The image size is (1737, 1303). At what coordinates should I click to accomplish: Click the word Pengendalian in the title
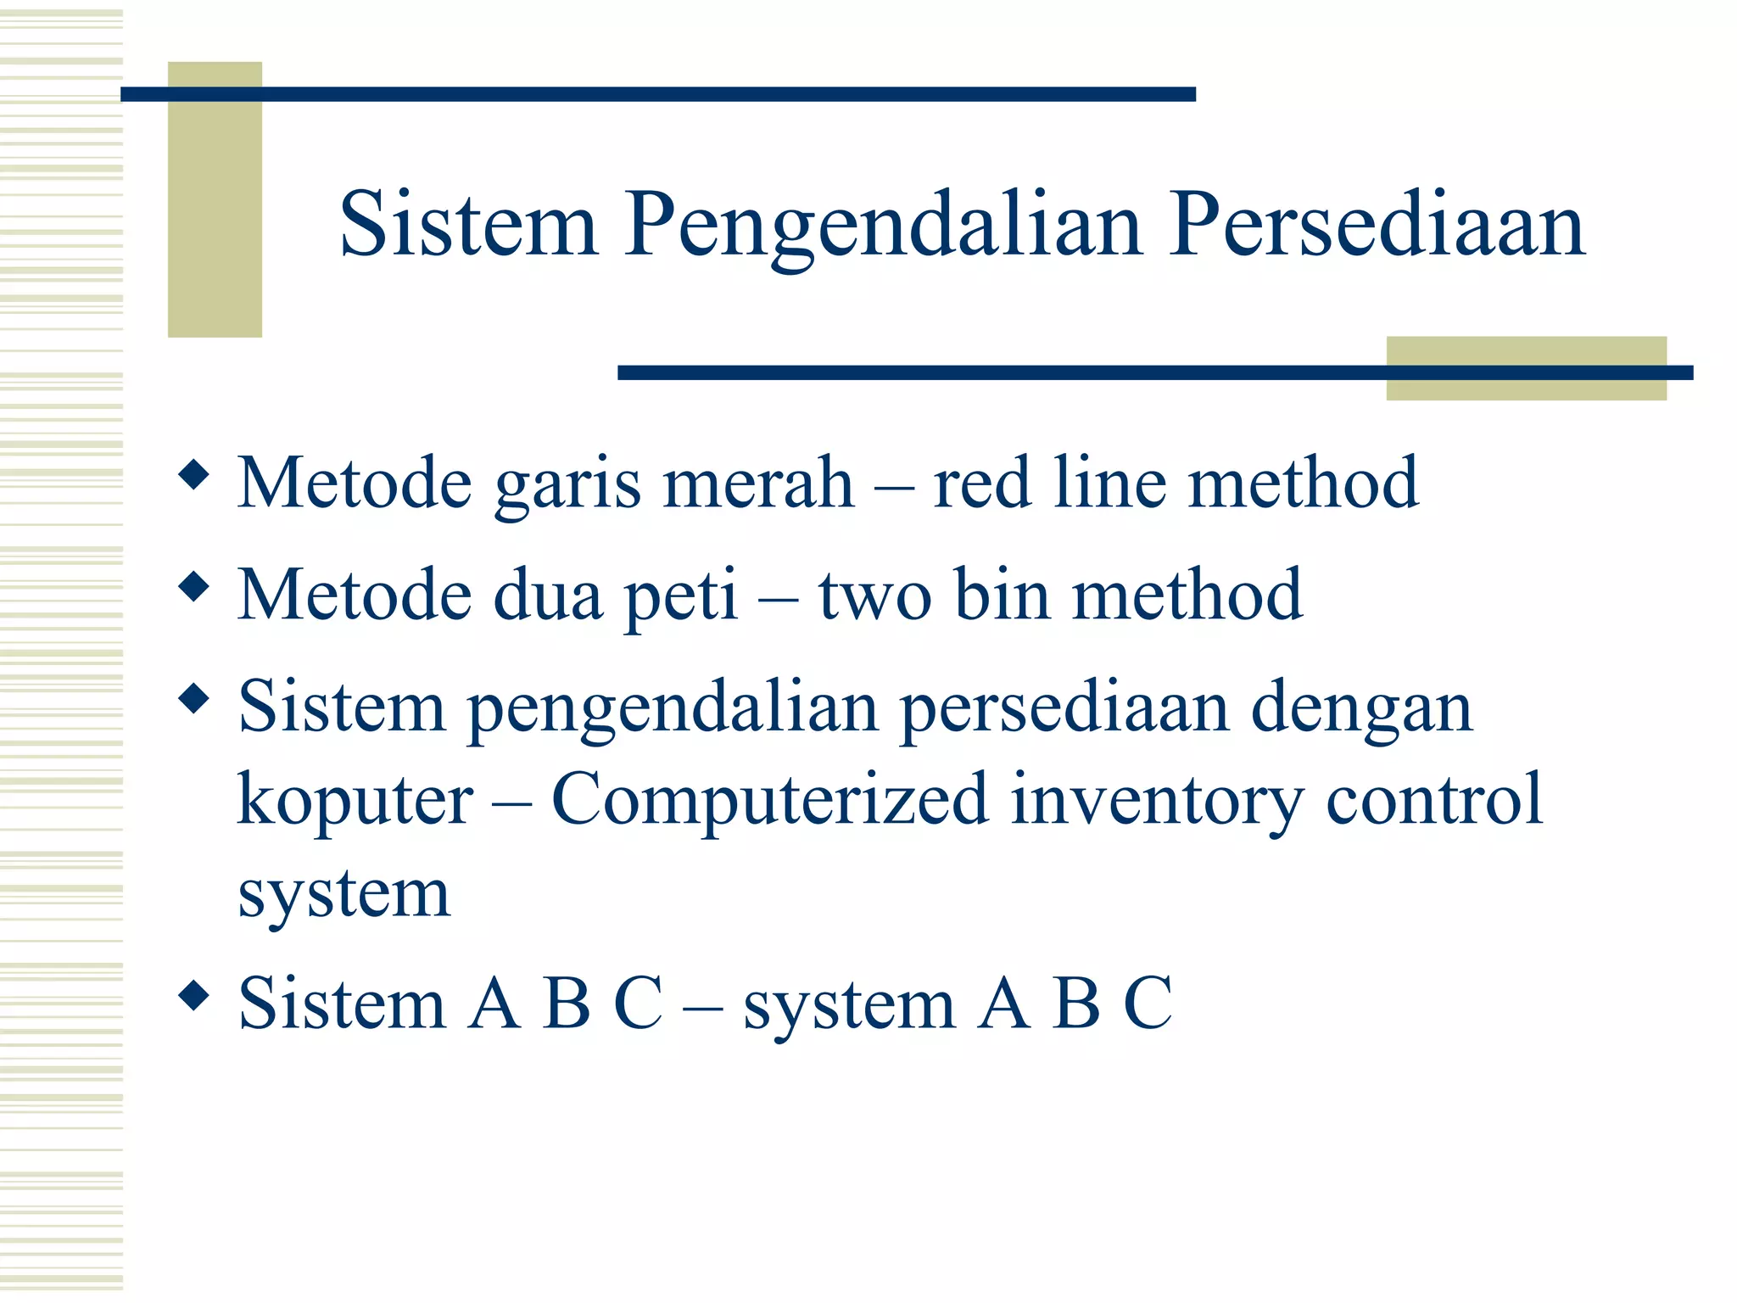coord(884,226)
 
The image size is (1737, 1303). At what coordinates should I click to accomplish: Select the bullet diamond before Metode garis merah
coord(194,474)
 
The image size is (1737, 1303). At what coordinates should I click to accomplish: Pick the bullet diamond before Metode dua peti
coord(194,587)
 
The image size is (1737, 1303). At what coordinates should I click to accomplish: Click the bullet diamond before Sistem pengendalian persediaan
coord(194,699)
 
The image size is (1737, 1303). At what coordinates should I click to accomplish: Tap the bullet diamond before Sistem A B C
coord(194,995)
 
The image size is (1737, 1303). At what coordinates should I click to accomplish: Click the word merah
coord(758,483)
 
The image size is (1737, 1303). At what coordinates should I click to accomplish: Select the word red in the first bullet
coord(981,483)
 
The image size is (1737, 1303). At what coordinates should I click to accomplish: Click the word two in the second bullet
coord(875,596)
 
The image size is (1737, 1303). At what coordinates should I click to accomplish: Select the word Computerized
coord(770,799)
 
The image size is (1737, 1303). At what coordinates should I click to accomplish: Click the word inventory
coord(1157,801)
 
